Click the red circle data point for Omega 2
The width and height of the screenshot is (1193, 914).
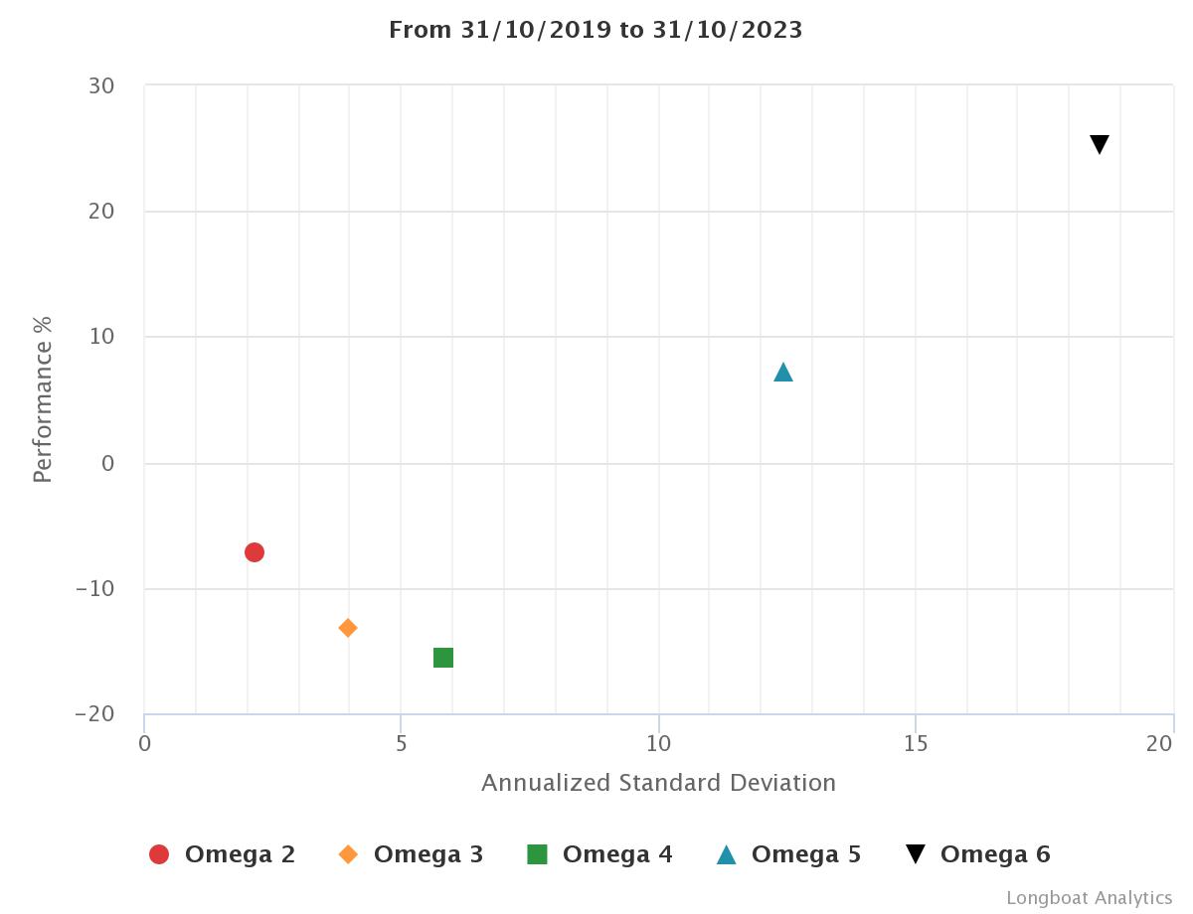(255, 552)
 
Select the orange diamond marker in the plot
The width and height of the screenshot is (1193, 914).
(348, 628)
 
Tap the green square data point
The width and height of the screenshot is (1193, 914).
(443, 658)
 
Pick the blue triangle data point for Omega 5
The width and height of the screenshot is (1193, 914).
(783, 373)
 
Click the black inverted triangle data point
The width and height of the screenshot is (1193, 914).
(1100, 145)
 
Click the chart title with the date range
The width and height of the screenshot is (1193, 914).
(596, 30)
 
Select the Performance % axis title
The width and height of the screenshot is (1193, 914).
(42, 399)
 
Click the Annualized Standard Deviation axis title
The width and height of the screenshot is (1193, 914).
(658, 783)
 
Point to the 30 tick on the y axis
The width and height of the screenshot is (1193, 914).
(101, 86)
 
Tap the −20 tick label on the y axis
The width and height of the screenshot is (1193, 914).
(94, 714)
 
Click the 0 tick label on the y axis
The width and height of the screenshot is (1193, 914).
(107, 463)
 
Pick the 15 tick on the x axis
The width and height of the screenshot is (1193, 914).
(916, 744)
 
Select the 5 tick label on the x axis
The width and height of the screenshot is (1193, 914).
(401, 744)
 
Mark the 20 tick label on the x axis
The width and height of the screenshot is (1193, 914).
(1159, 744)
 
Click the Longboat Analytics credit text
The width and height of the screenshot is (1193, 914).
(1089, 898)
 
